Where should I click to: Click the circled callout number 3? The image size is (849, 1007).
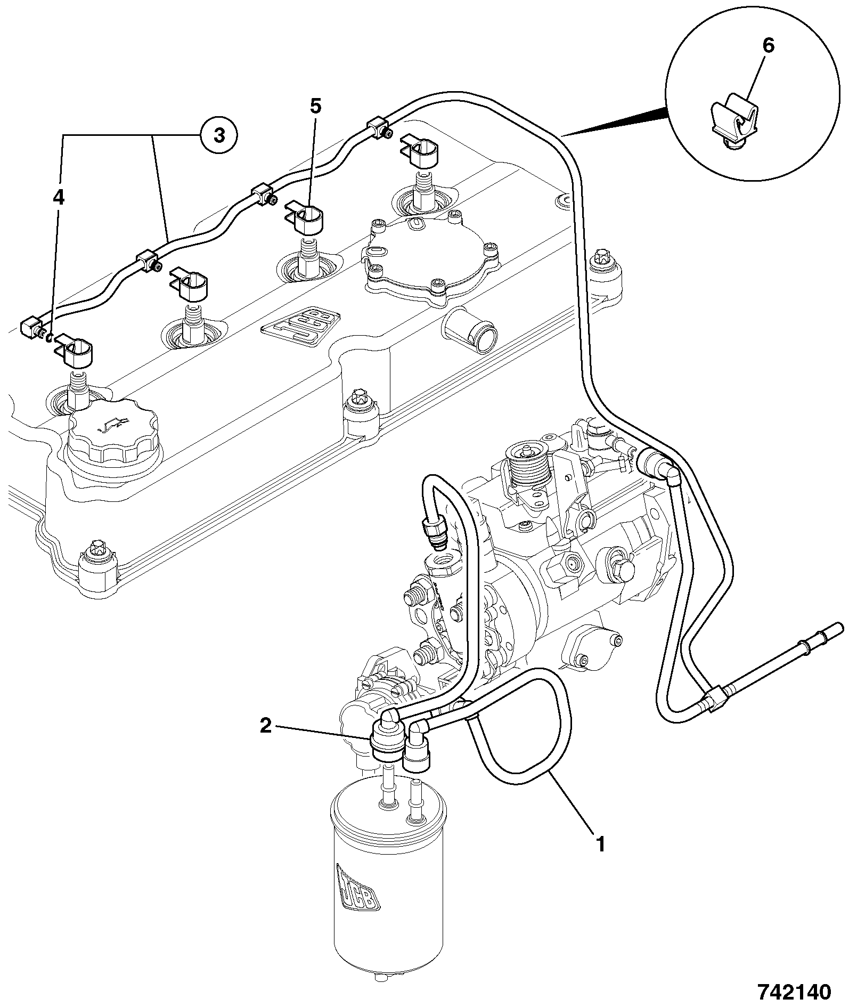(219, 135)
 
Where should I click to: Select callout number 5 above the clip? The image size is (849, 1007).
(316, 107)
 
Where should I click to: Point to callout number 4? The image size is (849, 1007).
(58, 198)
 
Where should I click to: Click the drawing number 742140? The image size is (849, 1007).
(794, 992)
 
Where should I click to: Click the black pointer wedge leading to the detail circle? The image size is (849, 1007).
(616, 121)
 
